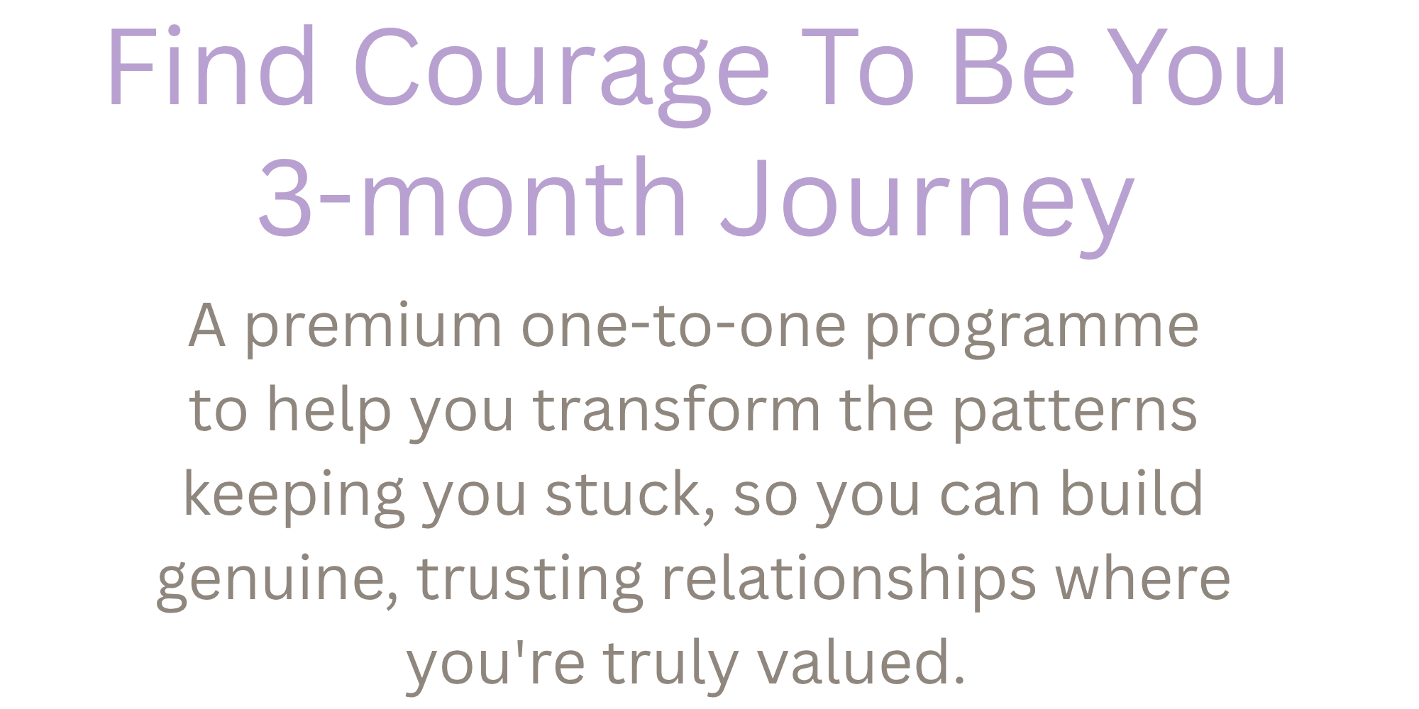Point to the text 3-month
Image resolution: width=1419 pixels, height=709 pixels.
(x=472, y=196)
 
